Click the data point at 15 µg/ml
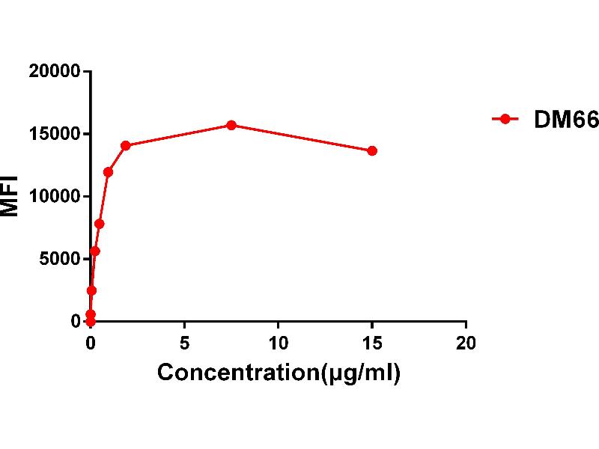[372, 150]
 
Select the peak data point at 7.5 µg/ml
[231, 125]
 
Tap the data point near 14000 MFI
[126, 145]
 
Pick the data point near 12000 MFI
[108, 171]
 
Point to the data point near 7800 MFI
[99, 224]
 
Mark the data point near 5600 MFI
[94, 251]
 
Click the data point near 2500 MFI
[91, 290]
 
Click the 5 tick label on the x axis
[184, 343]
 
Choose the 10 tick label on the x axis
[278, 343]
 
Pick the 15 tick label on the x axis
[372, 343]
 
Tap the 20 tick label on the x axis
[466, 343]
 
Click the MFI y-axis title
[10, 196]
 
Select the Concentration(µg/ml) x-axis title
[278, 372]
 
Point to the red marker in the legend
[505, 118]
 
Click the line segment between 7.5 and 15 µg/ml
[302, 138]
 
